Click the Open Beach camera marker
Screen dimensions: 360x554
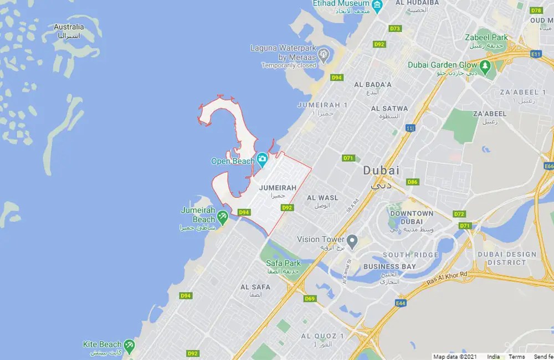262,161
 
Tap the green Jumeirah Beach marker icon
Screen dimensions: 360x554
223,217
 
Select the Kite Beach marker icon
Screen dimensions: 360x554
129,346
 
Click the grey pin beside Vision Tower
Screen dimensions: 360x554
352,240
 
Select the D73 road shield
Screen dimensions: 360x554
395,28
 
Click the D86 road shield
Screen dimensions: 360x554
412,182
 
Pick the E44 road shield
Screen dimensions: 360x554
401,303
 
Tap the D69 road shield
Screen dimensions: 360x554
310,299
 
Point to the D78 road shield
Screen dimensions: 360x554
536,10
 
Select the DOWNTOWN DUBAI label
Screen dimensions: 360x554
412,217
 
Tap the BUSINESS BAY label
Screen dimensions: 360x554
389,266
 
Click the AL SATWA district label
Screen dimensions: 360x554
389,109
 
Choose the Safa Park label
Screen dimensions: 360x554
283,263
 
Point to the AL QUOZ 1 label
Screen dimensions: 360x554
322,336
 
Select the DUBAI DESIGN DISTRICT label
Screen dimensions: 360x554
506,258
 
